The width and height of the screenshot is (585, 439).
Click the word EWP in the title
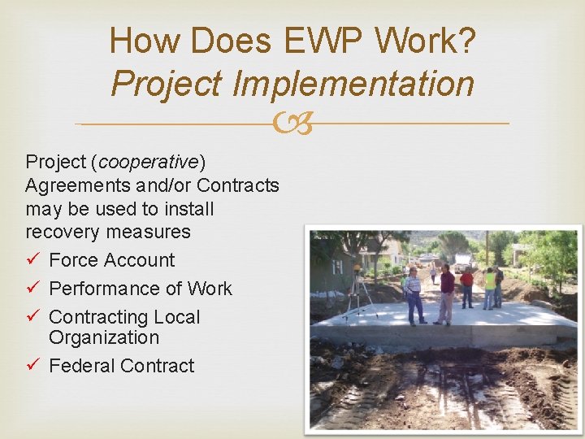coord(319,41)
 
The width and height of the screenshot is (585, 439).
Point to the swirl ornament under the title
coord(292,124)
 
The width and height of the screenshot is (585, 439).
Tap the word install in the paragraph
coord(189,209)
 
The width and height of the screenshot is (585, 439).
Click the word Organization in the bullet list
coord(104,337)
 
